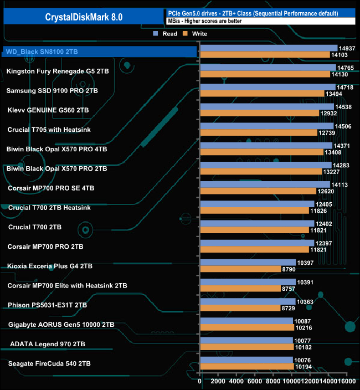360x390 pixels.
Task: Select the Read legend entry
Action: (166, 34)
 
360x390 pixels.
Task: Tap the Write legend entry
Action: (196, 34)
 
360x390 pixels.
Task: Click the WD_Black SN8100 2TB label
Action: (42, 52)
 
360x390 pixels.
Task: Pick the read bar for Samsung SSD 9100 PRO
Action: (268, 88)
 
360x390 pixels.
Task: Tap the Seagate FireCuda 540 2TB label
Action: (49, 363)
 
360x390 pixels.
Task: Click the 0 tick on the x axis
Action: (200, 381)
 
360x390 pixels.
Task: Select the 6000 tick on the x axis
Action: (255, 381)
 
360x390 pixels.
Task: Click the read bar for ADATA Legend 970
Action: (246, 341)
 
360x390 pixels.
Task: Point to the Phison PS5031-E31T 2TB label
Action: (47, 305)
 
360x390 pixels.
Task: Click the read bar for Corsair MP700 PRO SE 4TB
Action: (265, 184)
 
